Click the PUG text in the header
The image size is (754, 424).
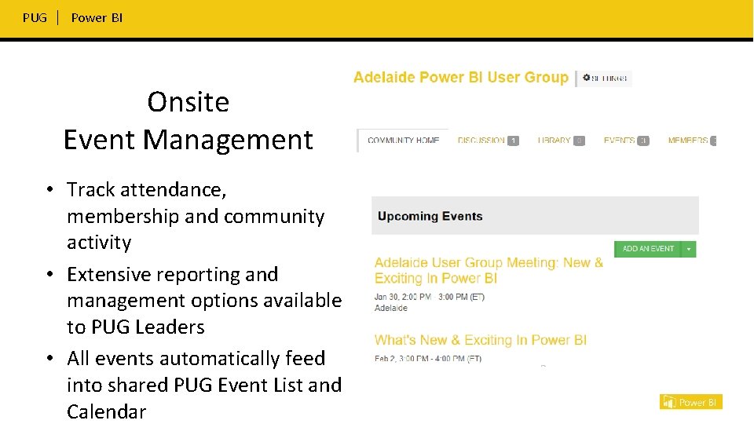35,17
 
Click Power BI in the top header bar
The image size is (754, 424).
97,17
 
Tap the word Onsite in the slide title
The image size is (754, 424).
188,102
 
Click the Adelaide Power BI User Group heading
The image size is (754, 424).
460,77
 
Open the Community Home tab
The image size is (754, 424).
403,141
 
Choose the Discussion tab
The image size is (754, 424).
481,141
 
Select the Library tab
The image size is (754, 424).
555,141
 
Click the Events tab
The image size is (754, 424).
619,141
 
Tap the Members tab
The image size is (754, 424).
688,141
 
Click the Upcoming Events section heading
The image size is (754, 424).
430,216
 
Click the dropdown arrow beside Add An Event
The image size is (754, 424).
688,249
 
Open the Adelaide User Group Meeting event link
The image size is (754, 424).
489,270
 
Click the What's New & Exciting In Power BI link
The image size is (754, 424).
480,340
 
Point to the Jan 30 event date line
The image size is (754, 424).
429,297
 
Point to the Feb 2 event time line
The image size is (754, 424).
428,359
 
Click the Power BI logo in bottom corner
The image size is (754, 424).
690,402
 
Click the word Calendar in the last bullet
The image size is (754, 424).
106,411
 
